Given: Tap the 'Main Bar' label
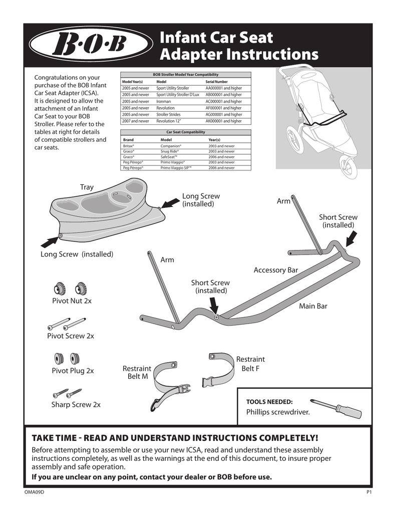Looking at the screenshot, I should [313, 306].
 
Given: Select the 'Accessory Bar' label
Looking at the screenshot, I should [275, 270].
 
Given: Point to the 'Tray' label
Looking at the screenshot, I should [87, 187].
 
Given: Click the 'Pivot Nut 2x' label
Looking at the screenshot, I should [72, 301].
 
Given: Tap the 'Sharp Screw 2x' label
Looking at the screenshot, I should [76, 404].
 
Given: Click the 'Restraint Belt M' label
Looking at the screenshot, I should [137, 372].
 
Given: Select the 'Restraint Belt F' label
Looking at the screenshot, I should [250, 364].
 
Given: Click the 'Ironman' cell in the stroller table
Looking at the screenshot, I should [165, 101].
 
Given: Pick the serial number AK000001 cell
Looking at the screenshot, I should [223, 121].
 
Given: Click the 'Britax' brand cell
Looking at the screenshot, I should [129, 146].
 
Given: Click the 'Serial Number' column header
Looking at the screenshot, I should [216, 81].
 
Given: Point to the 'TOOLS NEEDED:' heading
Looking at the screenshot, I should [269, 402].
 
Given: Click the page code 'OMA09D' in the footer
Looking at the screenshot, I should [35, 493].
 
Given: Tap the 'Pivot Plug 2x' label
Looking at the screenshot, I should [73, 371].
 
